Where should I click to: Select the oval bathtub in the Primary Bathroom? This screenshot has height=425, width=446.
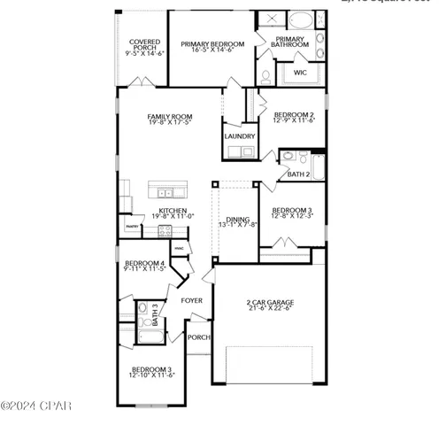tap(302, 19)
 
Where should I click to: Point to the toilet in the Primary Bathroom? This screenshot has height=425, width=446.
tap(264, 76)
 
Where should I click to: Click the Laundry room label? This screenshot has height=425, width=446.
tap(239, 136)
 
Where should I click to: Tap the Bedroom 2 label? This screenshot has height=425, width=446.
tap(294, 114)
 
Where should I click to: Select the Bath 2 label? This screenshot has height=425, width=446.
tap(298, 174)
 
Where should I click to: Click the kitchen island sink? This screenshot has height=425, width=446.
tap(165, 191)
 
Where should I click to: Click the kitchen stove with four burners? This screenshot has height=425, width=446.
tap(164, 231)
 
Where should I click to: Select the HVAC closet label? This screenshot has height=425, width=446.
tap(180, 247)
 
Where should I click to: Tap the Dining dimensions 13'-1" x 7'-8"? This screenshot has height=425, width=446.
tap(235, 225)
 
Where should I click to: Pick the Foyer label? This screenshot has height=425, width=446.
tap(192, 301)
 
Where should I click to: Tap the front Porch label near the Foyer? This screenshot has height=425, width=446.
tap(197, 336)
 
